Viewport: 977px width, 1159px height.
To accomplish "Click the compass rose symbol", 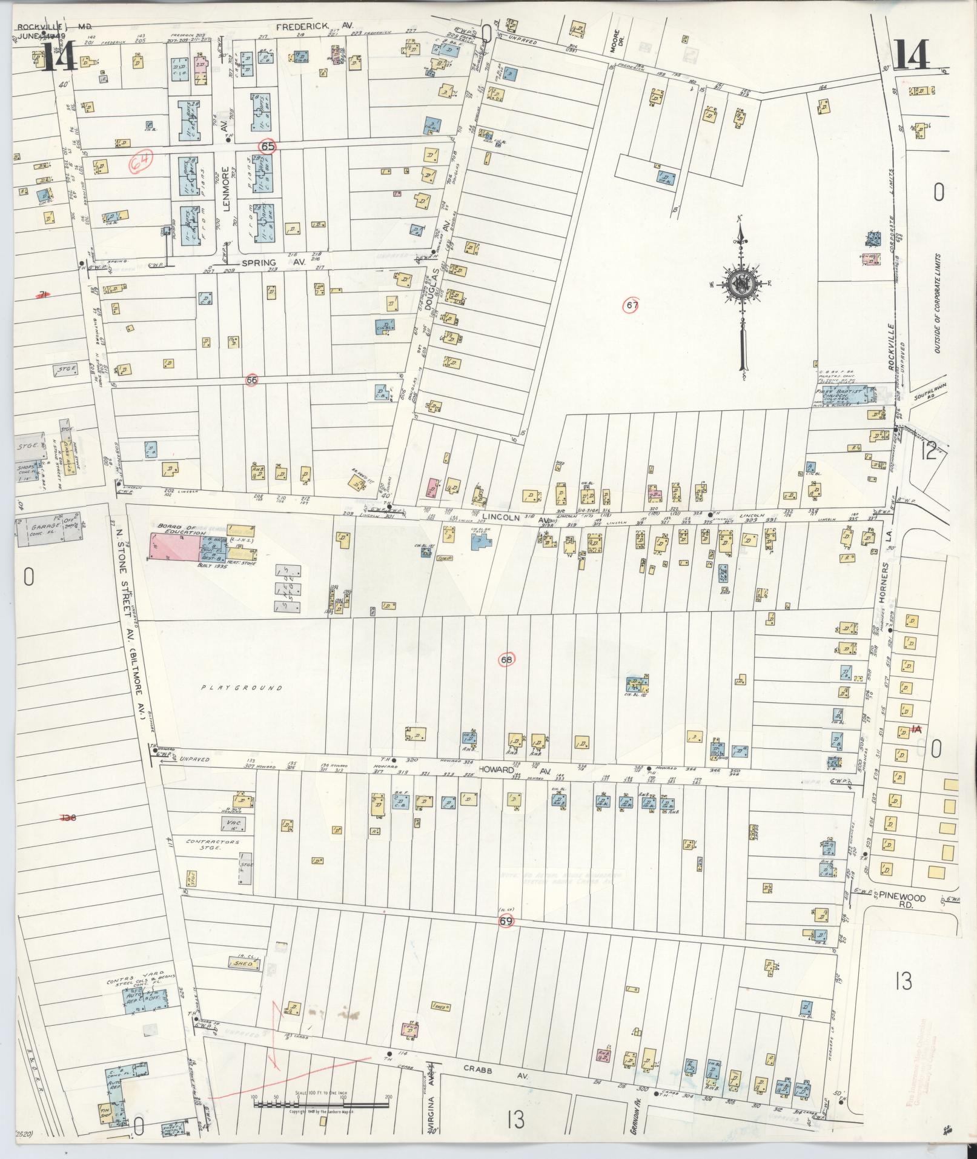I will tap(740, 285).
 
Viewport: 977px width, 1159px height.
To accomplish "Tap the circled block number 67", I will tap(632, 306).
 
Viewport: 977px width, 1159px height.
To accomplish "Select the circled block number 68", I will tap(506, 659).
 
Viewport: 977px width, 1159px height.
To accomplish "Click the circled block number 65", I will tap(267, 147).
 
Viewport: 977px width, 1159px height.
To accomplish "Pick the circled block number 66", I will tap(252, 380).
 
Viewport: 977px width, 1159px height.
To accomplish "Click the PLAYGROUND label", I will tap(242, 688).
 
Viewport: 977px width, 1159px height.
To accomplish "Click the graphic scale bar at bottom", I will tap(322, 1104).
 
